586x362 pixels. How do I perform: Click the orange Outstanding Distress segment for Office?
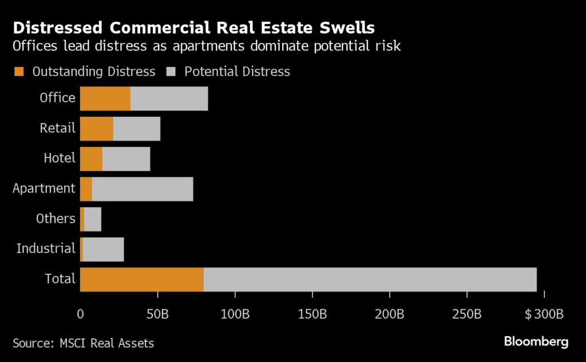(105, 99)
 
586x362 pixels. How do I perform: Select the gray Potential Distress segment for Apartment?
(142, 189)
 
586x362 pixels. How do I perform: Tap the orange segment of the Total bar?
(141, 279)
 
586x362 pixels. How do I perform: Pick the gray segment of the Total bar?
(370, 279)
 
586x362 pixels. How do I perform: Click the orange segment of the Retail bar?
(96, 129)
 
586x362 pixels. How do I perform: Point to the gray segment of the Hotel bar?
(126, 159)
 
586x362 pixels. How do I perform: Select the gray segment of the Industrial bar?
(103, 249)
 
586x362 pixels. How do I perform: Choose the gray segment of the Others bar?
(92, 219)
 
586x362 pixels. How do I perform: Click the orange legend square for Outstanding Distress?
(19, 72)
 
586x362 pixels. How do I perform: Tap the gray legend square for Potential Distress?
(171, 72)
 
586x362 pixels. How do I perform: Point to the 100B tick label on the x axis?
(235, 314)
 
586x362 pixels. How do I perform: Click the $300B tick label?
(545, 314)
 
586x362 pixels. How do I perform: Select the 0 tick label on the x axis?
(80, 314)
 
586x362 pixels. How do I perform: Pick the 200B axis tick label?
(390, 314)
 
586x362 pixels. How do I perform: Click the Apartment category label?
(44, 188)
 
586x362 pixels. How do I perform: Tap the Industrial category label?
(46, 249)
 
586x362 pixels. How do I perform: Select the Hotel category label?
(60, 158)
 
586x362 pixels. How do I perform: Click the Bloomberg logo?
(536, 342)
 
